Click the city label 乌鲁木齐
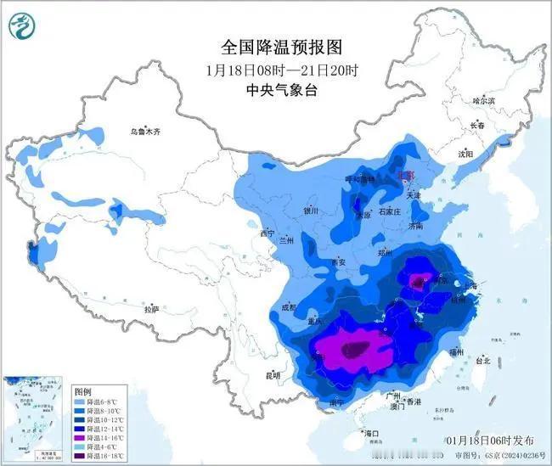[x=144, y=132]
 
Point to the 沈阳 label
[x=465, y=154]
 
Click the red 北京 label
[x=408, y=175]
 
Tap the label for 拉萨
[x=151, y=310]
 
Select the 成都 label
[x=287, y=308]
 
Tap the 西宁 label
[x=268, y=233]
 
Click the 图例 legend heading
[x=82, y=391]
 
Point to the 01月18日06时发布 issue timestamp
[x=491, y=441]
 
